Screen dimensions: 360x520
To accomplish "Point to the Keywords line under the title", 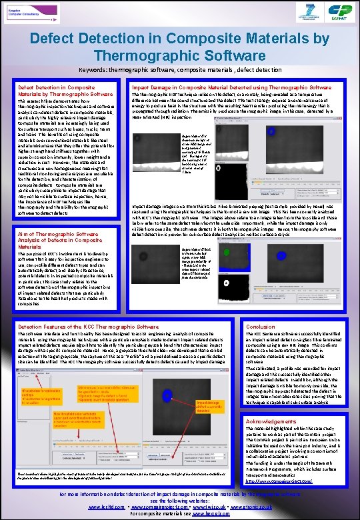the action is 179,69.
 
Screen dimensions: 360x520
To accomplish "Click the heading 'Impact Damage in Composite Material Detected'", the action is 227,87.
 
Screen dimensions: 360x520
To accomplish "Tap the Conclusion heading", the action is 260,327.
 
